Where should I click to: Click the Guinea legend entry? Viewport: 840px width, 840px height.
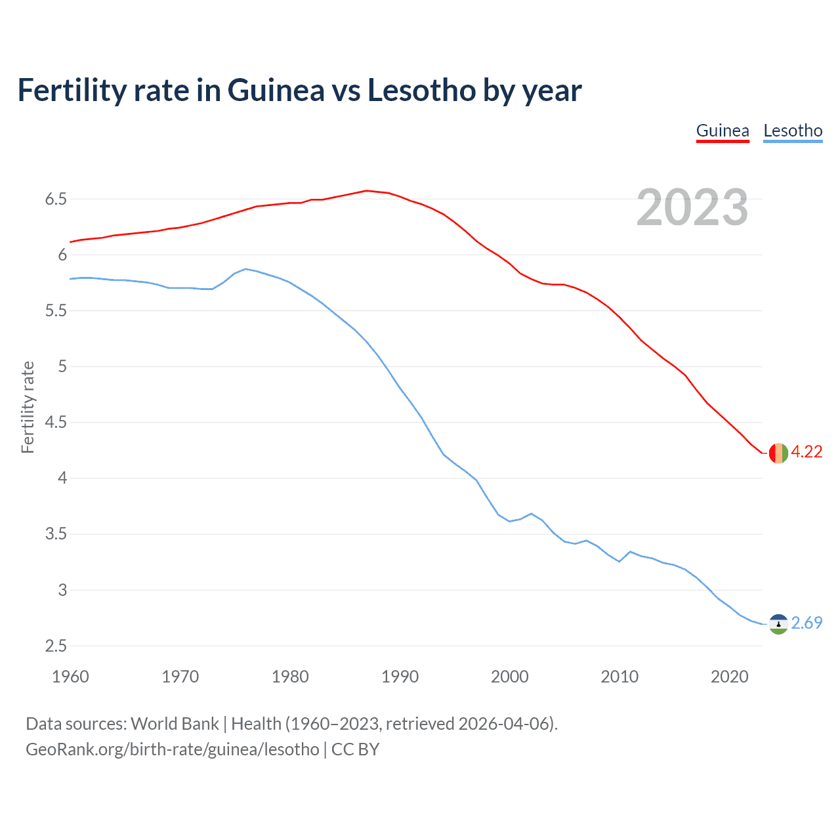point(723,131)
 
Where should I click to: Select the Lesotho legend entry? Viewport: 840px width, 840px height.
point(793,131)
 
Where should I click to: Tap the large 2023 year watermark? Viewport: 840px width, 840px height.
point(692,207)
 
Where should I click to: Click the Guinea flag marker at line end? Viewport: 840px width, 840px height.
point(778,453)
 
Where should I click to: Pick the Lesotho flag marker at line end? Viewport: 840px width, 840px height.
point(778,623)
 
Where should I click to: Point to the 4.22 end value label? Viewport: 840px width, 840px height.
point(807,452)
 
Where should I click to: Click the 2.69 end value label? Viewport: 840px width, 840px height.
point(807,623)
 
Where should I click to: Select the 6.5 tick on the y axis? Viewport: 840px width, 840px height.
point(56,199)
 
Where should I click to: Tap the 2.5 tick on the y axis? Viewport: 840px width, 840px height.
point(56,646)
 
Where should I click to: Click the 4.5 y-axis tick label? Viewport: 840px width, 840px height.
point(56,423)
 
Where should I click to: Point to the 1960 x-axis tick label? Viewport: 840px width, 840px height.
point(70,677)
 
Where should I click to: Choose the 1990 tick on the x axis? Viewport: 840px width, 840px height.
point(400,677)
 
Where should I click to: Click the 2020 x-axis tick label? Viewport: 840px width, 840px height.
point(729,677)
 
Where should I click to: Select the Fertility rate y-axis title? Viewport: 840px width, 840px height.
point(28,407)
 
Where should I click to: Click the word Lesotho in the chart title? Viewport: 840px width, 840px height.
point(421,91)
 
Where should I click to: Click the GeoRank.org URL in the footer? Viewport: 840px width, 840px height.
point(173,749)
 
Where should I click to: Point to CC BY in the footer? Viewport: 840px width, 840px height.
point(355,749)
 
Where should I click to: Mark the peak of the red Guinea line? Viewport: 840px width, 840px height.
point(366,190)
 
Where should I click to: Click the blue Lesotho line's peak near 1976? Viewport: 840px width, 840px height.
point(245,268)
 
